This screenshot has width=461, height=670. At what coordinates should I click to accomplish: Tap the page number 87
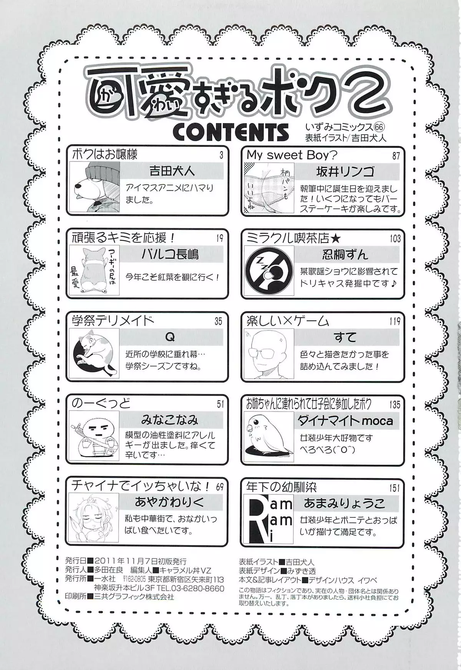tap(396, 155)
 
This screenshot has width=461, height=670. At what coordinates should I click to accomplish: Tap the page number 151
tap(395, 488)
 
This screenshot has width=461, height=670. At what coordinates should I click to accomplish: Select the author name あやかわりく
tap(169, 502)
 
